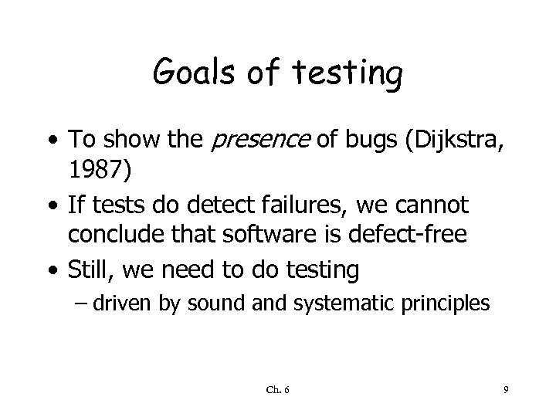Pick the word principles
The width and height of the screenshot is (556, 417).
point(446,303)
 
